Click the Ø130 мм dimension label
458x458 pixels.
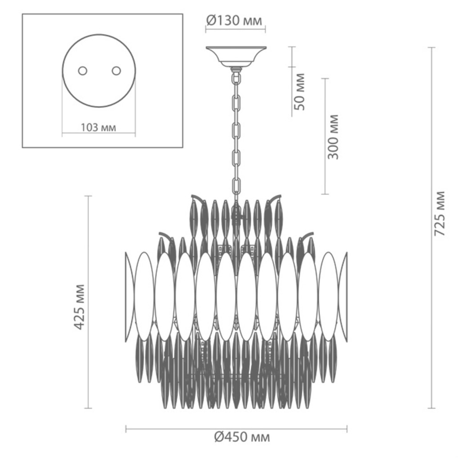(x=234, y=20)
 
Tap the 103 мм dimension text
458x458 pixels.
(x=98, y=128)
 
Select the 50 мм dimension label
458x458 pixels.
(x=299, y=92)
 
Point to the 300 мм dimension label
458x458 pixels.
(x=333, y=137)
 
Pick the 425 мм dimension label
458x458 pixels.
(x=79, y=307)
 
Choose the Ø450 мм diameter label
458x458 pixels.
(x=242, y=437)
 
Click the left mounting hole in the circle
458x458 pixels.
(x=83, y=71)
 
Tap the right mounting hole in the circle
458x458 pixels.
(x=116, y=71)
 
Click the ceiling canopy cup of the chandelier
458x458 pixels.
(x=236, y=56)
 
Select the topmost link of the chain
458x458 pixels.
(x=236, y=78)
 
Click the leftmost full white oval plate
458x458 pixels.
(x=144, y=296)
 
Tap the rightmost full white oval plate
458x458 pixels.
(x=328, y=296)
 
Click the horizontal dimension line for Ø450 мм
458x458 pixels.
(x=236, y=429)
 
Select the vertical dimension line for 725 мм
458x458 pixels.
(x=432, y=228)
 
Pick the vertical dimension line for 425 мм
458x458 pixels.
(x=88, y=302)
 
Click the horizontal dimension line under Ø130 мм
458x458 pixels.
(x=235, y=28)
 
